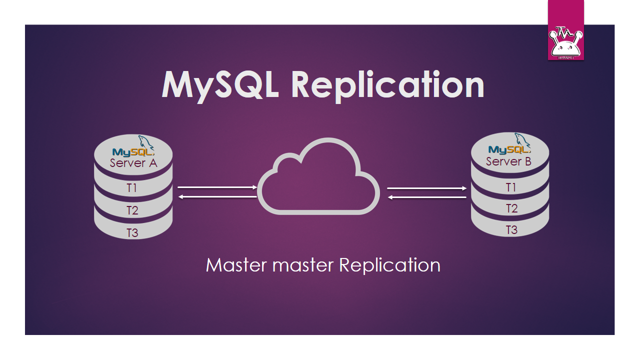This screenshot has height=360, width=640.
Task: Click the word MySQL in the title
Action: coord(220,85)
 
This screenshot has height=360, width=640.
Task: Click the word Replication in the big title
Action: coord(387,85)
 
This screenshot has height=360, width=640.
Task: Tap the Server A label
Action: coord(133,163)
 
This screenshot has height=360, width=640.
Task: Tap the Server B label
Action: coord(508,161)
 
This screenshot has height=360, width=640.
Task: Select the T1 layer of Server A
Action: coord(132,188)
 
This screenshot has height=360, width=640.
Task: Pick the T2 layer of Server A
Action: coord(132,210)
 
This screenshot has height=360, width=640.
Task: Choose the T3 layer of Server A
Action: coord(132,232)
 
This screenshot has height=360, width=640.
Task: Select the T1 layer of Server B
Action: coord(510,187)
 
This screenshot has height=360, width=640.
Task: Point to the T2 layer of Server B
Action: coord(511,208)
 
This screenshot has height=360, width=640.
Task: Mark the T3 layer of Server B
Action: coord(511,230)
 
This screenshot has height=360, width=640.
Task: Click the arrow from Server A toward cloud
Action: coord(217,187)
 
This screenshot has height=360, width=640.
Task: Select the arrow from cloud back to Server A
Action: coord(217,197)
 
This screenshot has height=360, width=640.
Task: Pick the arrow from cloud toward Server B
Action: coord(427,188)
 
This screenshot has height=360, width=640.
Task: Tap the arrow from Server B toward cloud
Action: coord(427,197)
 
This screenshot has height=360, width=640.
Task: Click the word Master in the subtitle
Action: coord(236,265)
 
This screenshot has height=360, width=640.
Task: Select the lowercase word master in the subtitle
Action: coord(303,265)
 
